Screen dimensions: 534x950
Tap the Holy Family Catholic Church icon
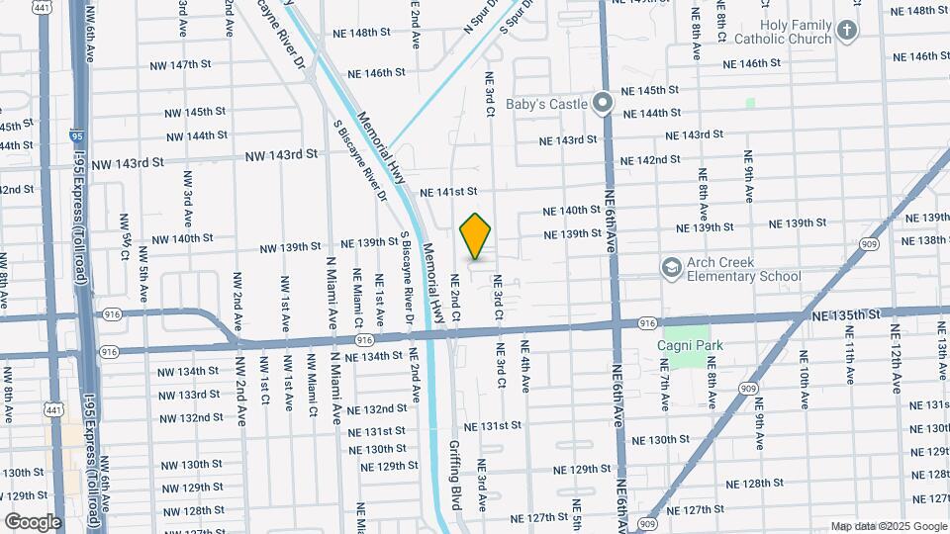point(846,30)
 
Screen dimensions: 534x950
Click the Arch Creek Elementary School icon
point(672,267)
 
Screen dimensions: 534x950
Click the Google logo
point(33,521)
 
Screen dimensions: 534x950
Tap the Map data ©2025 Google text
point(888,526)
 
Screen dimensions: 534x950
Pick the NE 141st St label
point(448,192)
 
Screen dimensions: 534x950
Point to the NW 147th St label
point(181,65)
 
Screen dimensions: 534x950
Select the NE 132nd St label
point(377,409)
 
